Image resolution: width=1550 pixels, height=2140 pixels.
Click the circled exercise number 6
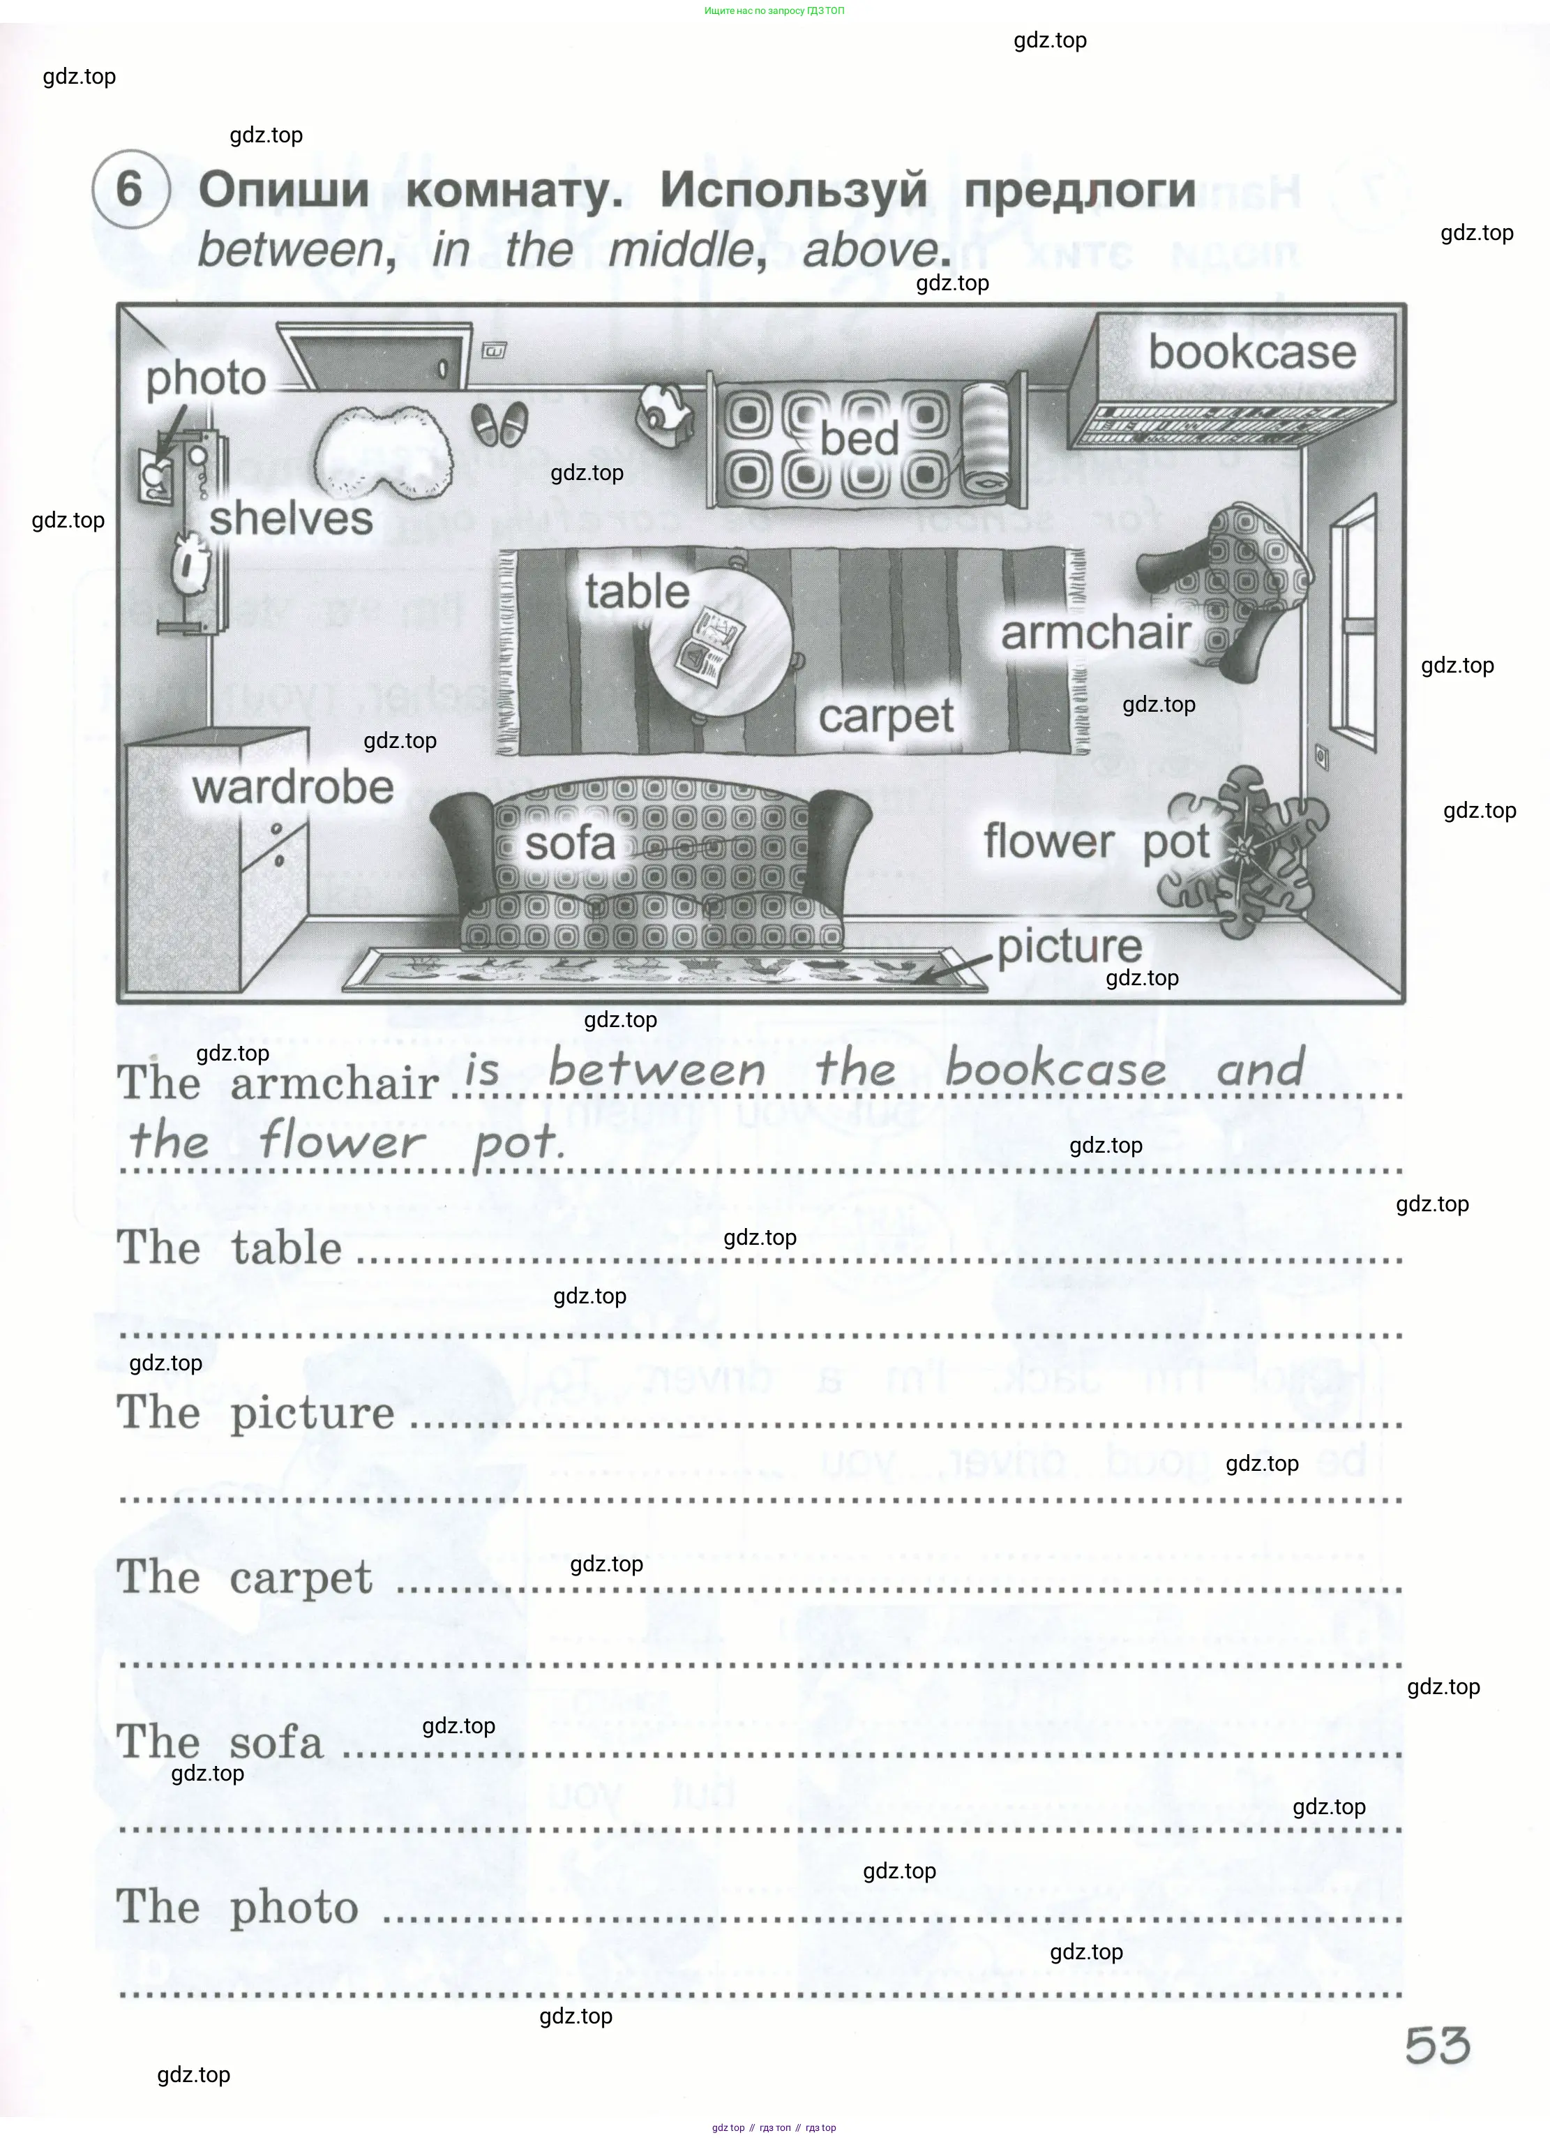[130, 188]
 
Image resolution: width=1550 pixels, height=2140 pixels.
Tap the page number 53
[1437, 2046]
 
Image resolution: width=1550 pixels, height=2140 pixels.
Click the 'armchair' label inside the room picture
[1095, 632]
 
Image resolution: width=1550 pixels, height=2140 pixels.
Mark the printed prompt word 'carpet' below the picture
[300, 1578]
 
